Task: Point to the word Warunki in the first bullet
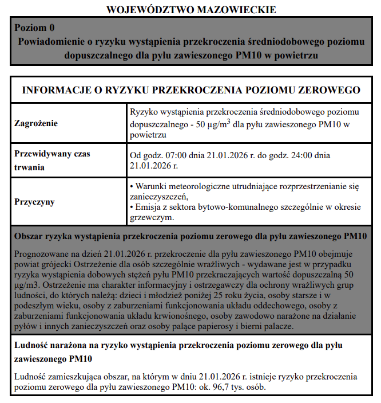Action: (x=150, y=187)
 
